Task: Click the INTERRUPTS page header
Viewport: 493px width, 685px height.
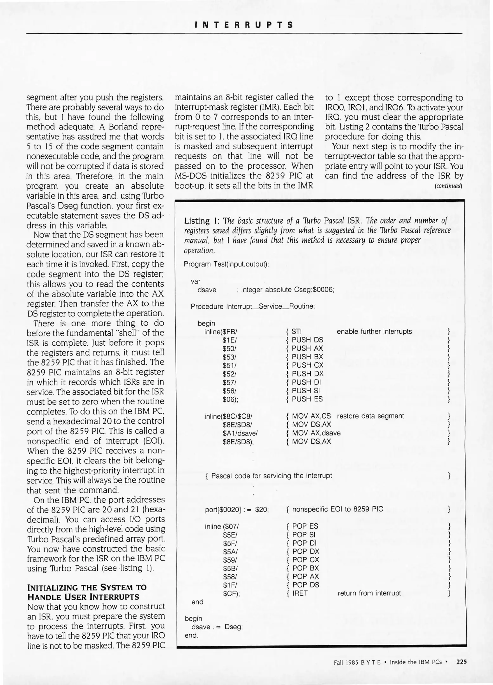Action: click(x=244, y=25)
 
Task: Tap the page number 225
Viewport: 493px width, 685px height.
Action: click(x=461, y=662)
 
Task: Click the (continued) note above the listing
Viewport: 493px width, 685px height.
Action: click(x=449, y=186)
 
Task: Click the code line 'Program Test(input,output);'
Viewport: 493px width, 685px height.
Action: click(x=226, y=264)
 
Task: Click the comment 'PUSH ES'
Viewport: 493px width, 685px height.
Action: click(x=307, y=399)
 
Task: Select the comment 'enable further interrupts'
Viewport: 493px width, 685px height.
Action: click(x=374, y=332)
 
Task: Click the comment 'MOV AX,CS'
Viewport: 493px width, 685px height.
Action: click(x=311, y=416)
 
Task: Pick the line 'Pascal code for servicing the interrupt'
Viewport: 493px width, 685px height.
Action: click(x=272, y=476)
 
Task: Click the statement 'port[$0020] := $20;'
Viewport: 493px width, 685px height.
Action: click(x=237, y=509)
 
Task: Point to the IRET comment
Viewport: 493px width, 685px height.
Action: click(x=300, y=593)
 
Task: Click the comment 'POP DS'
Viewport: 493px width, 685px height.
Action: click(x=305, y=585)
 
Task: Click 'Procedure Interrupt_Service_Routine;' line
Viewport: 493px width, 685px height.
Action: click(x=253, y=307)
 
